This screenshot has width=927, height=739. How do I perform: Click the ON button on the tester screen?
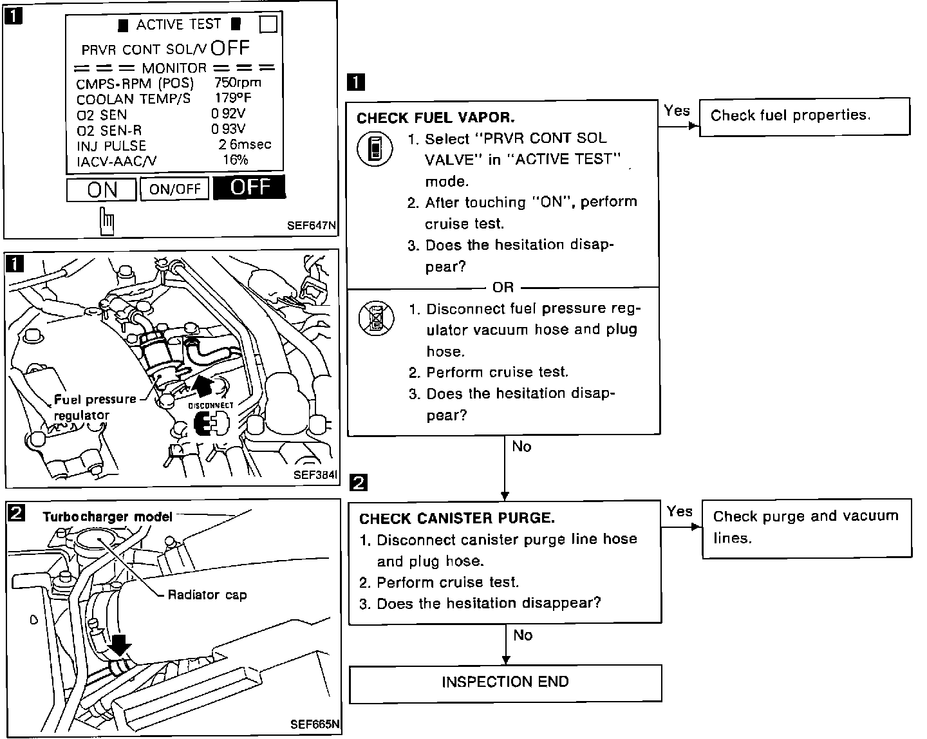coord(102,189)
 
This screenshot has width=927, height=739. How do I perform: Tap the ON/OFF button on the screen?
coord(174,189)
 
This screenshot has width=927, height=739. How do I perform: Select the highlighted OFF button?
coord(249,187)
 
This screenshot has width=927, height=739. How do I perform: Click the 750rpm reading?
coord(238,83)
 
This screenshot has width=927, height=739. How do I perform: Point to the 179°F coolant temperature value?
coord(232,98)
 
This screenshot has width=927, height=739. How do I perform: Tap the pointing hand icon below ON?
coord(107,221)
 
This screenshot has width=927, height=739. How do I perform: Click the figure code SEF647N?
coord(312,226)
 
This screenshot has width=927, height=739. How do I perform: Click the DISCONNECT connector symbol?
coord(211,425)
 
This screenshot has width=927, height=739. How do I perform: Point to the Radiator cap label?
coord(207,595)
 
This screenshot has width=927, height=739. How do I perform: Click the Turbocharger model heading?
coord(108,516)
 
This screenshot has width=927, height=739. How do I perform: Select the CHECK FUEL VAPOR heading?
coord(435,118)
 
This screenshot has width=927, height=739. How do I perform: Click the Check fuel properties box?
coord(804,117)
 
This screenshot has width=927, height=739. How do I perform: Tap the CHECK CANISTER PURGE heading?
coord(456,518)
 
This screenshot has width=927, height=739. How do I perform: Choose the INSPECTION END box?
coord(505,682)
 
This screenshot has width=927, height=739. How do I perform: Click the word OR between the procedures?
coord(502,287)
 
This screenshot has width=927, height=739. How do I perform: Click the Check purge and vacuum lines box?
coord(806,527)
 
